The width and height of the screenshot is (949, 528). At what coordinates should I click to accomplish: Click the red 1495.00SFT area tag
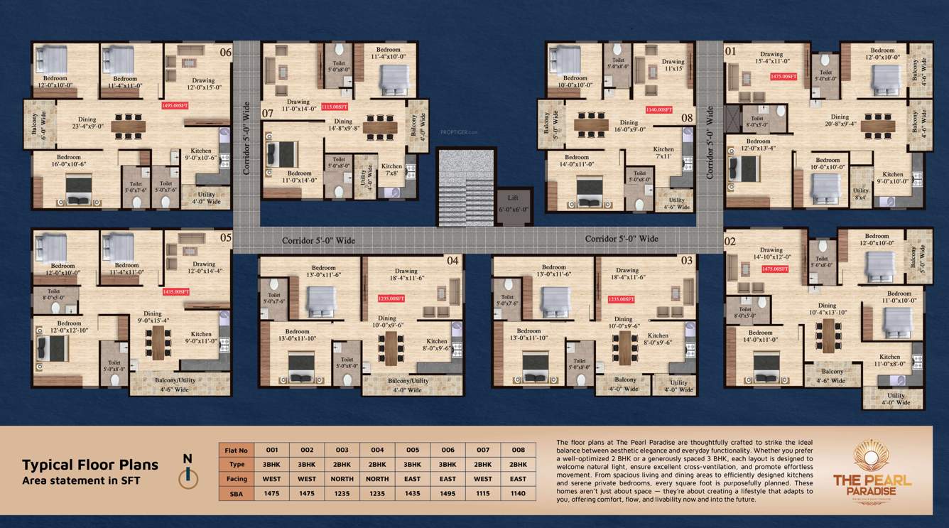[x=175, y=105]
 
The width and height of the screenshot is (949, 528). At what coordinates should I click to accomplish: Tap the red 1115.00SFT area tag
[x=334, y=107]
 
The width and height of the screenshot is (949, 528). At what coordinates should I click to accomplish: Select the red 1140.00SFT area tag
[x=658, y=110]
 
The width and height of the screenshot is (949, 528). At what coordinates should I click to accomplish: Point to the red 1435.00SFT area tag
[x=175, y=291]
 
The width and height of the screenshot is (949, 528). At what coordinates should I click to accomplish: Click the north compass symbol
[x=188, y=473]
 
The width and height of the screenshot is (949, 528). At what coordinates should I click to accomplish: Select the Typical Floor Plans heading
[x=90, y=465]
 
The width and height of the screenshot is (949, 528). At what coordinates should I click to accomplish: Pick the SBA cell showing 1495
[x=448, y=492]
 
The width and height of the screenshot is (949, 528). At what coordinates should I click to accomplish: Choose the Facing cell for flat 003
[x=342, y=478]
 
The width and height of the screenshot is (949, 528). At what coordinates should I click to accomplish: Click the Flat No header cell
[x=237, y=450]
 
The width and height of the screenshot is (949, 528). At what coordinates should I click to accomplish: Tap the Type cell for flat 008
[x=518, y=464]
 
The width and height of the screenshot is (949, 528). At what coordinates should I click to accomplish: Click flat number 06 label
[x=225, y=52]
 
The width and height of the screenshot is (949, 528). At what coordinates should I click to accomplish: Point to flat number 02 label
[x=730, y=242]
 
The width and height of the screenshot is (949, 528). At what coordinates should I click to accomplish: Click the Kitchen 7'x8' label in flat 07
[x=391, y=169]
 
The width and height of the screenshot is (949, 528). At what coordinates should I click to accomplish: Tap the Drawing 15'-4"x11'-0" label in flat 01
[x=771, y=58]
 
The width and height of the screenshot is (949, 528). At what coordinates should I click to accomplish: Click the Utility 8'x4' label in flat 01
[x=860, y=193]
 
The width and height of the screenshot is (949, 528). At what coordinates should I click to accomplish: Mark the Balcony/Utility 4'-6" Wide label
[x=175, y=384]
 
